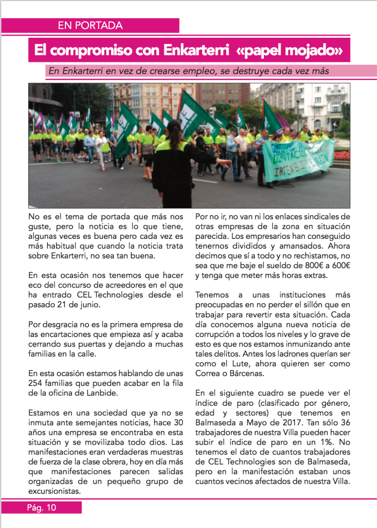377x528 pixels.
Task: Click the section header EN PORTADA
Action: pos(90,26)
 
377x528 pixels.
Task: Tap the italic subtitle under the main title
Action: pos(189,71)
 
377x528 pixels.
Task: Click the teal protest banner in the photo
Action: pos(299,160)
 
